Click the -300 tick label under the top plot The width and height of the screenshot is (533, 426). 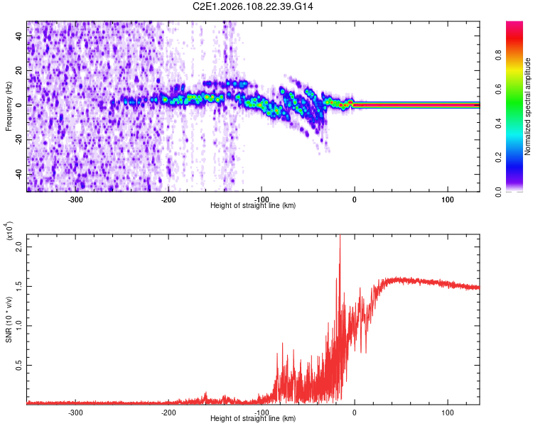[75, 200]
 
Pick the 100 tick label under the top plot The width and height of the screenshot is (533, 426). [448, 200]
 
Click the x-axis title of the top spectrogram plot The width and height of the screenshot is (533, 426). [253, 206]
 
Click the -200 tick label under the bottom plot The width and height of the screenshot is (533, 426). [168, 412]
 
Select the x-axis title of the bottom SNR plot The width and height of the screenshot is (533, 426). [253, 418]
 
